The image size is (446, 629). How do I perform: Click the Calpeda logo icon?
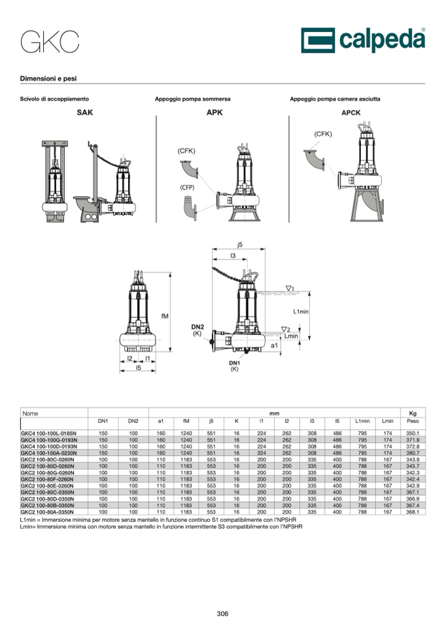tap(318, 40)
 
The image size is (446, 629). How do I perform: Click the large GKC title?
tap(50, 42)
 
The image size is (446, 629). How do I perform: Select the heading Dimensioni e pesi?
tap(48, 78)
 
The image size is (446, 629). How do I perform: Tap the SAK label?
tap(85, 112)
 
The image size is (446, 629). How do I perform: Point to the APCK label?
tap(351, 113)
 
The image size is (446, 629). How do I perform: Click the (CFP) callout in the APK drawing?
tap(187, 187)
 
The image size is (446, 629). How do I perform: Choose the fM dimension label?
tap(165, 316)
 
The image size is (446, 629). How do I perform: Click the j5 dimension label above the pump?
tap(240, 244)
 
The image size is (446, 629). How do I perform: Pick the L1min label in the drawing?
tap(301, 312)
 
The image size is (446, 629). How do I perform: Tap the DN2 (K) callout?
tap(197, 330)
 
